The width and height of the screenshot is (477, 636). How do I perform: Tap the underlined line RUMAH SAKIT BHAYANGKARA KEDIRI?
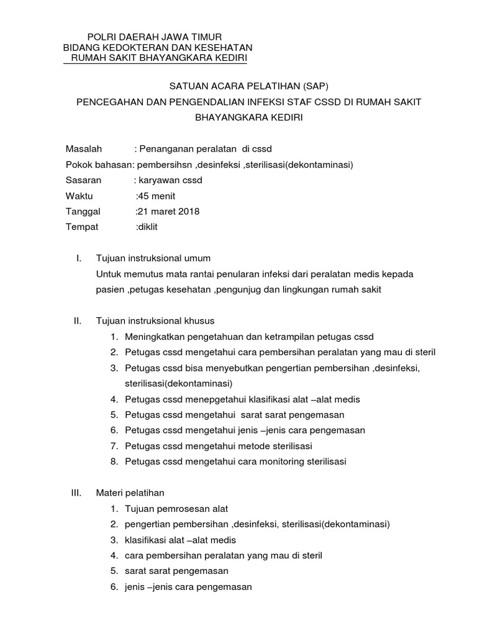[x=160, y=58]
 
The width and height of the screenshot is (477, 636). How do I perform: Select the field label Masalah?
[x=84, y=149]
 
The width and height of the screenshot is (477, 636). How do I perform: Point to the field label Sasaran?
[x=83, y=180]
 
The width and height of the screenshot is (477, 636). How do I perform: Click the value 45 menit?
[x=158, y=196]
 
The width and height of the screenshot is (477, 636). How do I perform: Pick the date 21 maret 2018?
[x=168, y=211]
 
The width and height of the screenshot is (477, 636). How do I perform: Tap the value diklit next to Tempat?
[x=148, y=227]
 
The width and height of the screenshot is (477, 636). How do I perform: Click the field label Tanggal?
[x=83, y=211]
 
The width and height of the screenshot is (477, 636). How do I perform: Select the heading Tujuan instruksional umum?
[x=153, y=258]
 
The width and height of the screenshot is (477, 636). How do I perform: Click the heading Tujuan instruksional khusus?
[x=155, y=321]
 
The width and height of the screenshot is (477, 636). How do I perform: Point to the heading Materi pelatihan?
[x=130, y=493]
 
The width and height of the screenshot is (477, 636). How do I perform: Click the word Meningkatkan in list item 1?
[x=153, y=337]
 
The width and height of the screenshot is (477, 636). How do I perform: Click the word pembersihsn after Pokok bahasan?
[x=164, y=165]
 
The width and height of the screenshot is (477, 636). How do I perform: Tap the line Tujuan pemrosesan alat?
[x=176, y=509]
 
